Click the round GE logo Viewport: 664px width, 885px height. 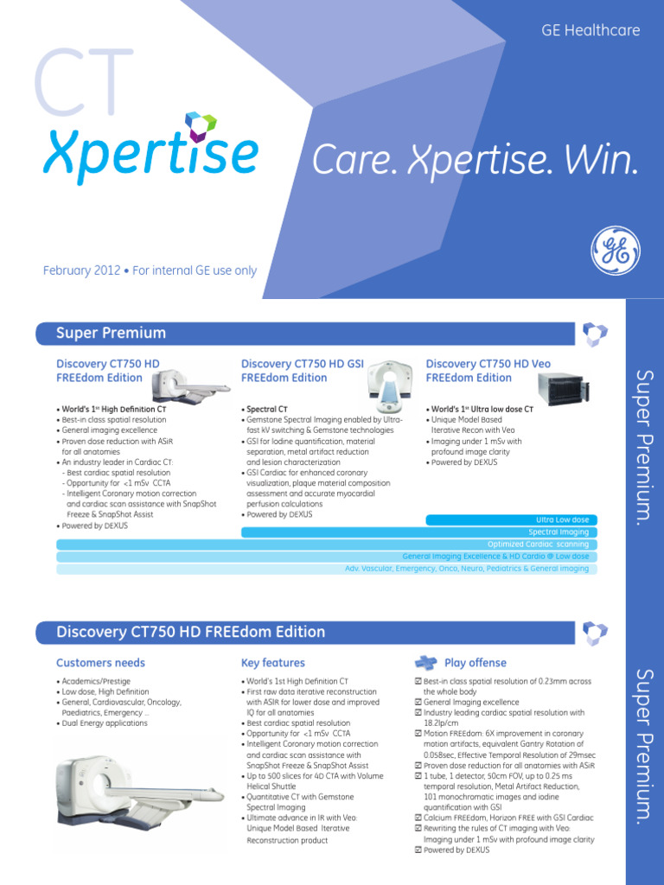pos(616,251)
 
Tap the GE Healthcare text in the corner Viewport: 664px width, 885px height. pos(591,30)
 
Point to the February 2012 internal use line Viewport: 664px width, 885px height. pos(150,271)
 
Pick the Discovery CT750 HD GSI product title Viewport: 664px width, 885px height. pos(303,371)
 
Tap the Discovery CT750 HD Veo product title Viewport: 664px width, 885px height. pos(488,371)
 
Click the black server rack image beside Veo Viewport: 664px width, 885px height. pos(562,388)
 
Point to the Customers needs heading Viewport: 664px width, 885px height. pos(100,663)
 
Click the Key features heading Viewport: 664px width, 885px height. pos(272,663)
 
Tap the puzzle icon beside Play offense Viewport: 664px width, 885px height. pos(425,663)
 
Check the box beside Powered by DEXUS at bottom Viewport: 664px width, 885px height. pos(418,850)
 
